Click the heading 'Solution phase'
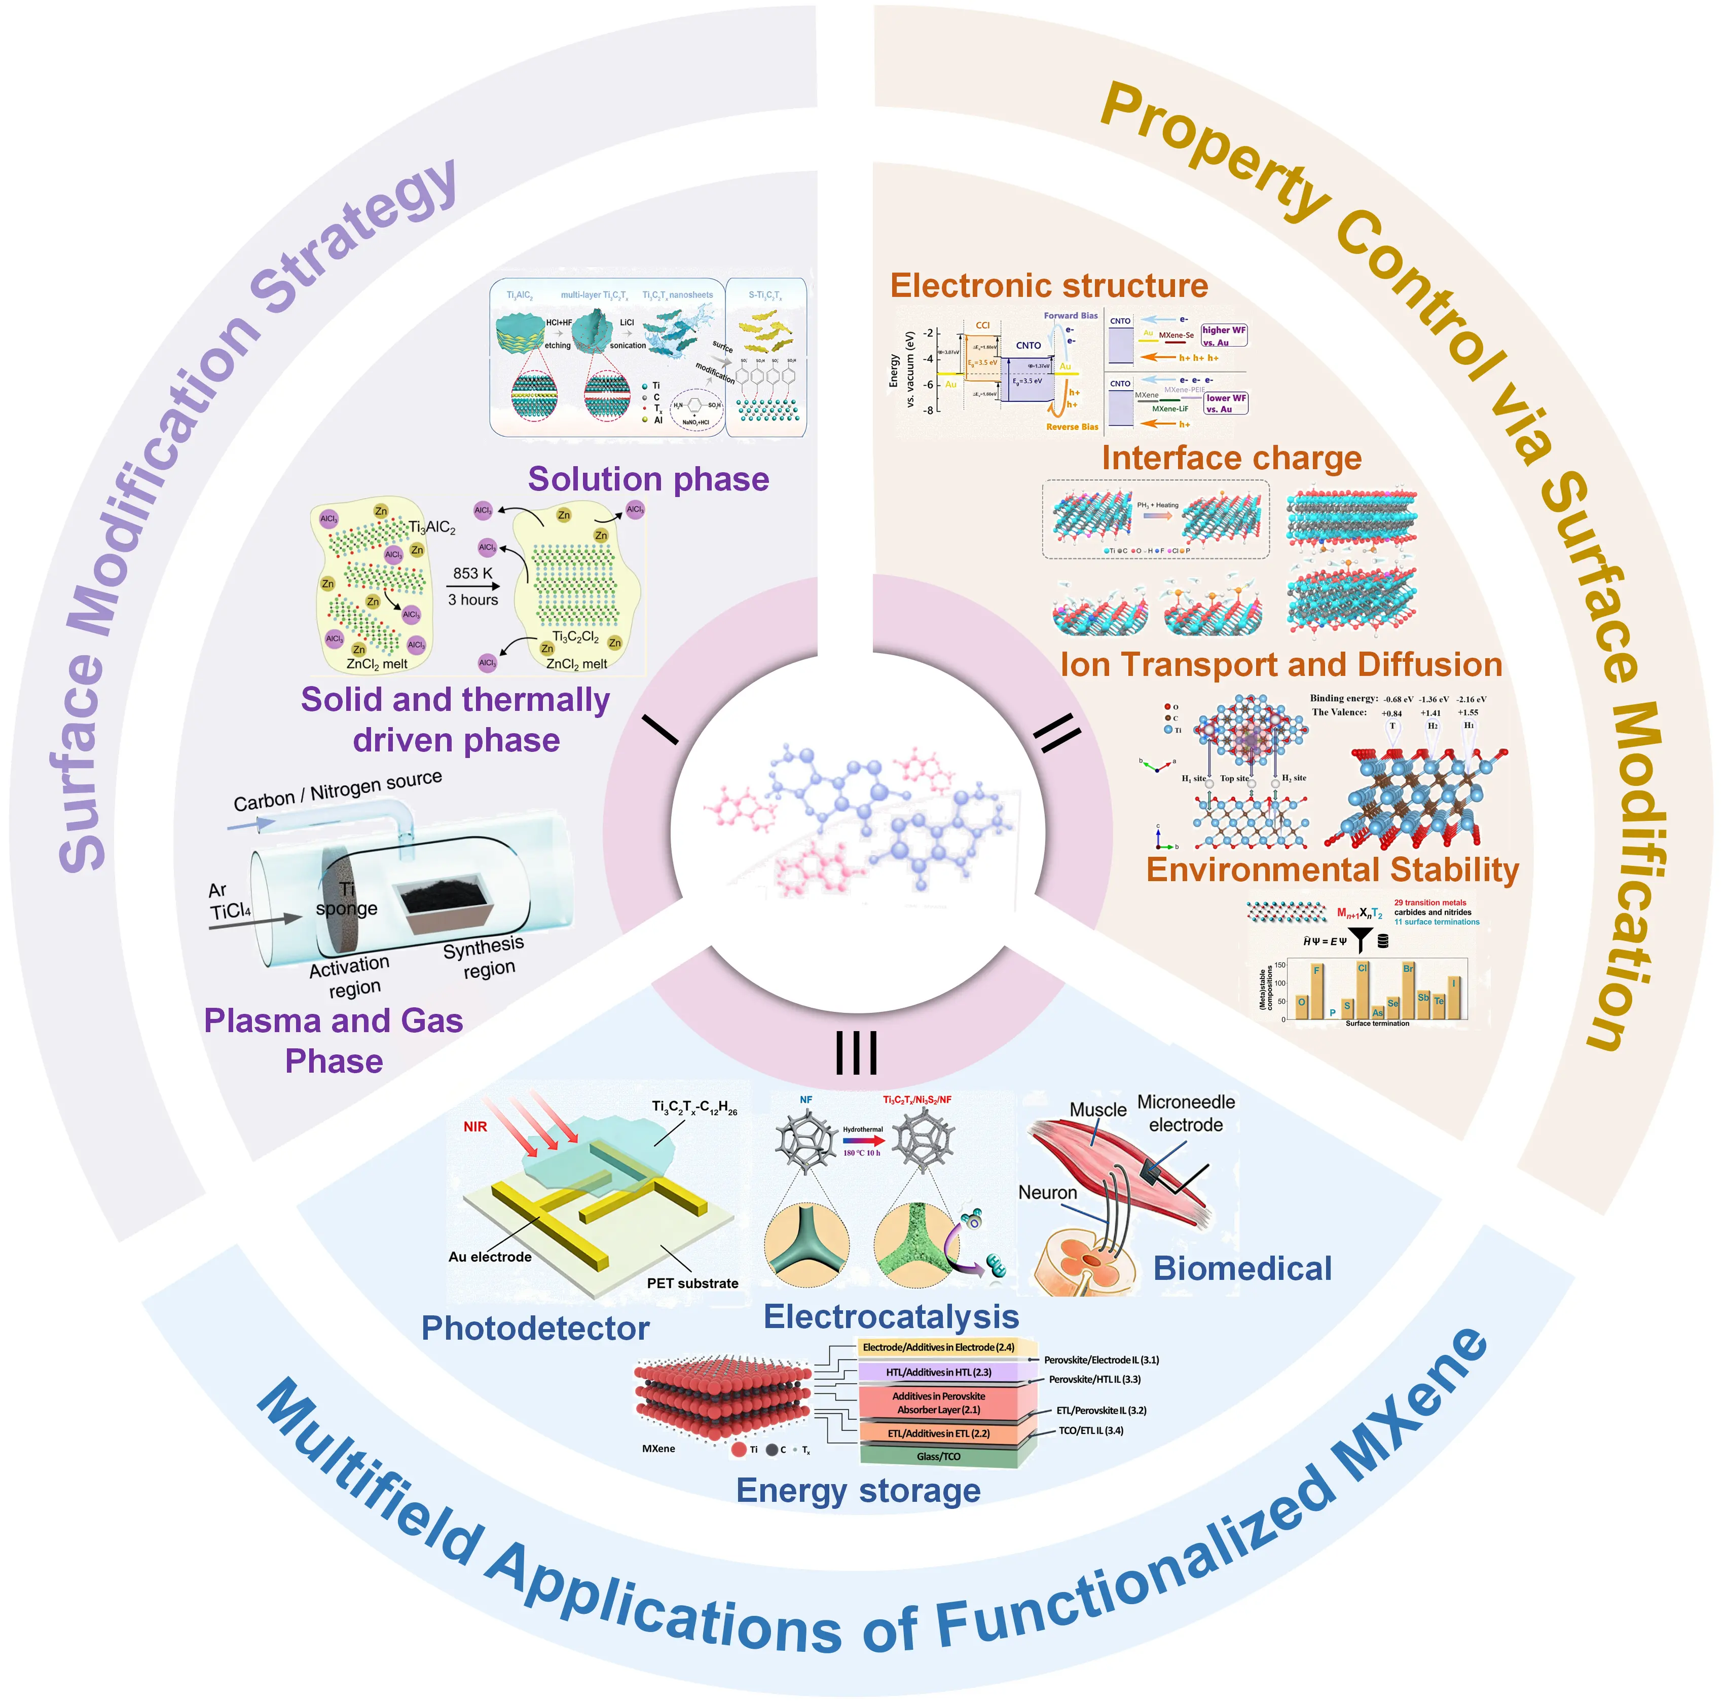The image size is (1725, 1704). pyautogui.click(x=648, y=479)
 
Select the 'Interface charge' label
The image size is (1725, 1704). pyautogui.click(x=1231, y=458)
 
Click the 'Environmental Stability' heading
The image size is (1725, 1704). pyautogui.click(x=1332, y=869)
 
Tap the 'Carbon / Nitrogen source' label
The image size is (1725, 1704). pyautogui.click(x=338, y=790)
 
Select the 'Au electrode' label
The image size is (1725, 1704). pyautogui.click(x=489, y=1257)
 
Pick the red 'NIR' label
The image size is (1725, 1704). pyautogui.click(x=475, y=1126)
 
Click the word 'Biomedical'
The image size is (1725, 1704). pyautogui.click(x=1242, y=1268)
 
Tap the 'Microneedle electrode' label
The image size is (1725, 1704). pyautogui.click(x=1186, y=1113)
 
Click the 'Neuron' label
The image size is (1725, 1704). pyautogui.click(x=1047, y=1193)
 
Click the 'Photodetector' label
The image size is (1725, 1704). pyautogui.click(x=535, y=1328)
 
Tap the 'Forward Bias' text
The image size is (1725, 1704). pyautogui.click(x=1071, y=315)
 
